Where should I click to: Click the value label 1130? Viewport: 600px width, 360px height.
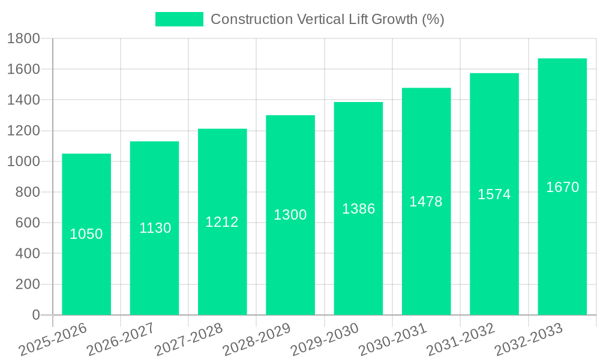[155, 228]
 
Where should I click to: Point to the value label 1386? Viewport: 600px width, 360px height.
[359, 209]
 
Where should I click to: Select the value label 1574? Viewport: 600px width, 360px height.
[494, 194]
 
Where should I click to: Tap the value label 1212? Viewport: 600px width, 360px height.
[222, 222]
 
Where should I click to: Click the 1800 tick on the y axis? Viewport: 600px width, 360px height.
[23, 39]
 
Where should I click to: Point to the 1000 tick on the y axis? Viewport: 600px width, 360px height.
[23, 161]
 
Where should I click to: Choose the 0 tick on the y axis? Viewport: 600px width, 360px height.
[35, 315]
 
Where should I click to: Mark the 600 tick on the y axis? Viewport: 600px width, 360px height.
[27, 223]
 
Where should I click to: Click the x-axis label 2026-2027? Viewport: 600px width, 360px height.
[121, 339]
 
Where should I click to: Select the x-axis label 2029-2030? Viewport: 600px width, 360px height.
[325, 339]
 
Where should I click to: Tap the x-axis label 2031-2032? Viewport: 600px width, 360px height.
[461, 339]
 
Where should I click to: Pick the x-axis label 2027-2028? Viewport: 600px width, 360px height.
[189, 339]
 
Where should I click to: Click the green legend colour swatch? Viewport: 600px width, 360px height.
[179, 19]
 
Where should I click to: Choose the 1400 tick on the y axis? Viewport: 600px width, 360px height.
[23, 100]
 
